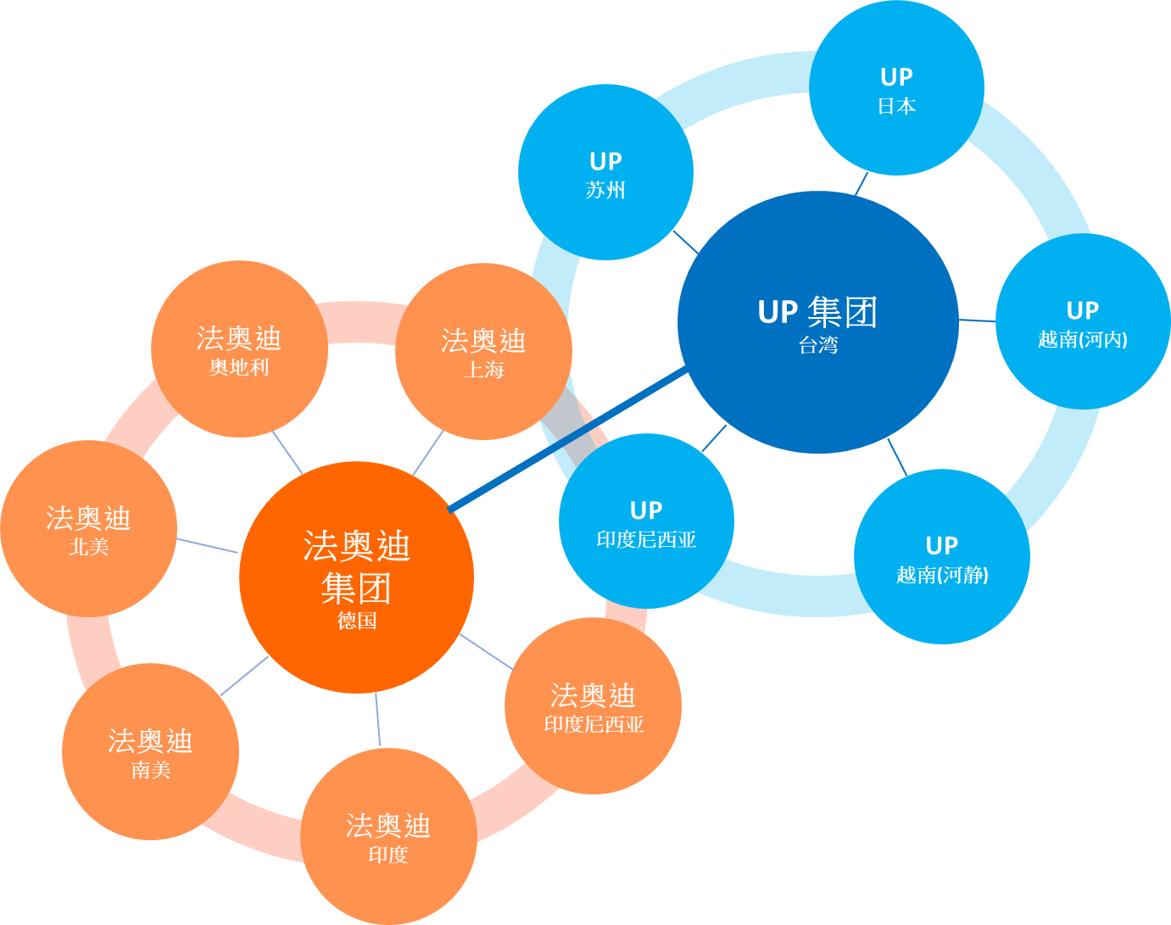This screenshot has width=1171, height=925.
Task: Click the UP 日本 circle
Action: [x=896, y=89]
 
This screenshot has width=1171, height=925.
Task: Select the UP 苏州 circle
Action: [x=605, y=173]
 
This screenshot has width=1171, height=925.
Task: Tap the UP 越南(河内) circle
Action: [x=1083, y=322]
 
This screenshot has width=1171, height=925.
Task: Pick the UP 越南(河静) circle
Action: [x=942, y=557]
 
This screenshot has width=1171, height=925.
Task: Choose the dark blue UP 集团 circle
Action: [x=818, y=322]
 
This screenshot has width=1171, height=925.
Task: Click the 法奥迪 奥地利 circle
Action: [x=239, y=349]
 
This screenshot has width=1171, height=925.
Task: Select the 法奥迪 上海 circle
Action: [x=483, y=352]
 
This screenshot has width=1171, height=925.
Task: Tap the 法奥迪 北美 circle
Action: [x=88, y=529]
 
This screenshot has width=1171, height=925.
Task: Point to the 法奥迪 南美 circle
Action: [x=150, y=752]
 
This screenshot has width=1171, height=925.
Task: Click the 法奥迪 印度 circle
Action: [x=388, y=837]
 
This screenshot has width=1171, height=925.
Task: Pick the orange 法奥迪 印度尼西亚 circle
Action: [x=593, y=706]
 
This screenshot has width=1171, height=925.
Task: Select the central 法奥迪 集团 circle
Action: [x=356, y=577]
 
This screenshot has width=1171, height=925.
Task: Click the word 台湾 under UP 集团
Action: [x=818, y=345]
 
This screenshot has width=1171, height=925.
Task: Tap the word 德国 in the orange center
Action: [x=356, y=621]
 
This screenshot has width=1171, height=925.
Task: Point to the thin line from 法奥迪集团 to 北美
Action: [x=208, y=545]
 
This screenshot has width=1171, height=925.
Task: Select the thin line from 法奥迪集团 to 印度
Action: [x=378, y=721]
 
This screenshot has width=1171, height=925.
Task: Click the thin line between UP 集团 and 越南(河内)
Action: [x=977, y=320]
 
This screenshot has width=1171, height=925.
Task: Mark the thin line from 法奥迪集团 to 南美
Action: [x=244, y=676]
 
